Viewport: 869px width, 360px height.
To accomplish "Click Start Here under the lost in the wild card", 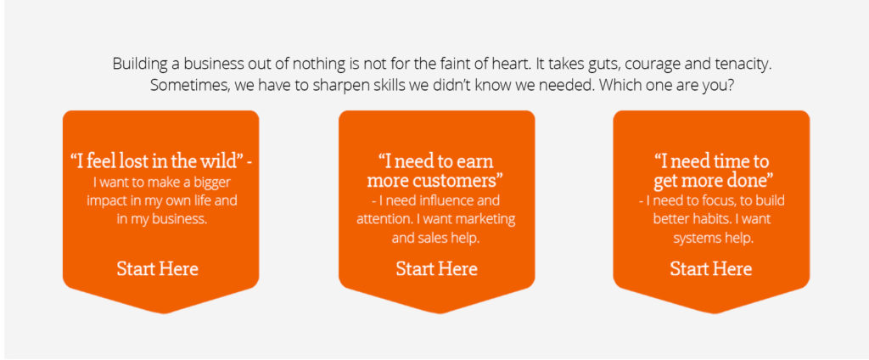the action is [x=157, y=269].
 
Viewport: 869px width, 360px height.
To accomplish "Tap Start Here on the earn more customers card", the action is [x=437, y=269].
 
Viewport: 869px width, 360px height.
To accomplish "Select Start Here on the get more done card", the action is [x=711, y=269].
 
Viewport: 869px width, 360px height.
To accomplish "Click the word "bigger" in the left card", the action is [x=210, y=182].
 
